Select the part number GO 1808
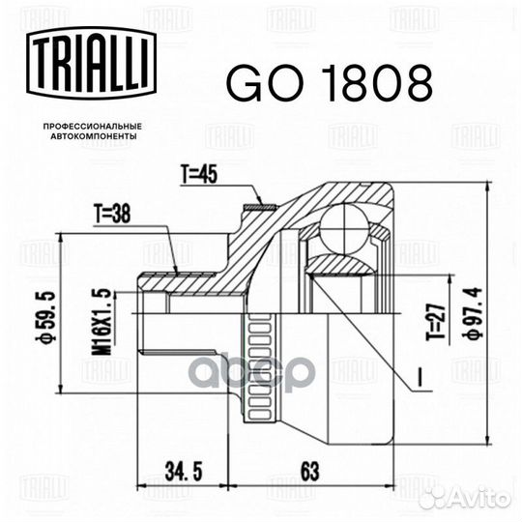coord(328,85)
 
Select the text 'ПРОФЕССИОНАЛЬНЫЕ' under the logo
coord(86,127)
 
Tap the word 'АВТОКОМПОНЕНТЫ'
coord(86,137)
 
